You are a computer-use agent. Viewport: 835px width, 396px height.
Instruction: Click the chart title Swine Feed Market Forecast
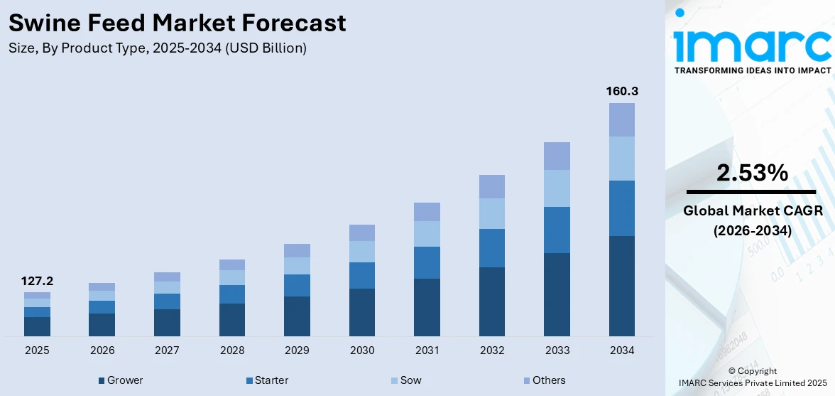pos(177,23)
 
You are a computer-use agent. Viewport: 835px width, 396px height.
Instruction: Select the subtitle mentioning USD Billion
pos(158,48)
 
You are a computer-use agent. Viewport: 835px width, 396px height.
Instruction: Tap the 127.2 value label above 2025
pos(37,282)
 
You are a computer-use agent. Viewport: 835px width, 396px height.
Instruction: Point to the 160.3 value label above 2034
pos(621,92)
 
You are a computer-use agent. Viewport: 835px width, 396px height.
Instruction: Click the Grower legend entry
pos(121,380)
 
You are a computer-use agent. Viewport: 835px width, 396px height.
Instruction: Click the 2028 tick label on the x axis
pos(232,350)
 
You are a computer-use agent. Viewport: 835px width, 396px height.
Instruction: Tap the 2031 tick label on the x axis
pos(427,350)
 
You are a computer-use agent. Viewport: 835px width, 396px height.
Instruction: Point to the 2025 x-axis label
pos(37,350)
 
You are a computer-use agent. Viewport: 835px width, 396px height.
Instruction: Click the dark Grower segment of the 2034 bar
pos(621,286)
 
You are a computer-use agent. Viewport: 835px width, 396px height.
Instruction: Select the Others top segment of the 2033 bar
pos(557,156)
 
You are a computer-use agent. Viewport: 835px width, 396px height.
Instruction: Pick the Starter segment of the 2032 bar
pos(491,248)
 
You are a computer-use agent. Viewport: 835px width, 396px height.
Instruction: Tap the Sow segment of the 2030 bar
pos(361,252)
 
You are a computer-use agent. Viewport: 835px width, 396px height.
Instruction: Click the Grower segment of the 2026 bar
pos(102,325)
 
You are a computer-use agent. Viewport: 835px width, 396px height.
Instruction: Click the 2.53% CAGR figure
pos(752,173)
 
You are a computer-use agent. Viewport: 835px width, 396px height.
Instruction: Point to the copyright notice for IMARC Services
pos(752,378)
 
